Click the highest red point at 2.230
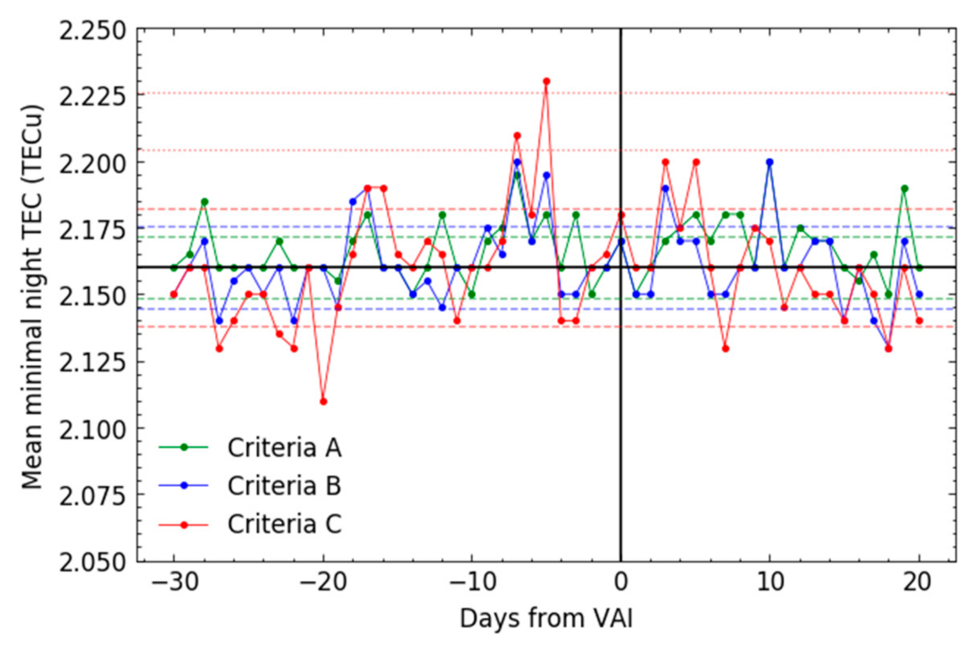click(547, 81)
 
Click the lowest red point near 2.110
click(323, 401)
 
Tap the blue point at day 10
click(770, 162)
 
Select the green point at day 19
click(904, 189)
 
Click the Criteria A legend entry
click(284, 447)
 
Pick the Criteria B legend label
click(284, 485)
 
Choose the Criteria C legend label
click(284, 524)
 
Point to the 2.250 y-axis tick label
click(93, 30)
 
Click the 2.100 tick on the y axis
click(93, 429)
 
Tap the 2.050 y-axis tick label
click(93, 562)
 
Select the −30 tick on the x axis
click(175, 582)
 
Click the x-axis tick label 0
click(621, 582)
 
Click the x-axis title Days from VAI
click(546, 619)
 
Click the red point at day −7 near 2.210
click(517, 136)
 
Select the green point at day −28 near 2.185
click(204, 202)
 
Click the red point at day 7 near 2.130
click(725, 348)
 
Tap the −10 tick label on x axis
click(473, 582)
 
